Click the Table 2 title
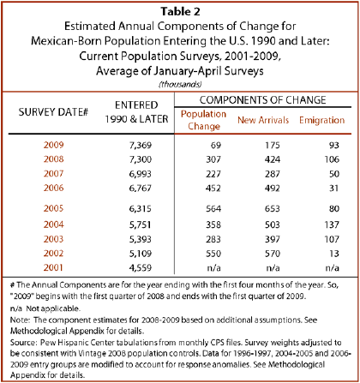pyautogui.click(x=180, y=11)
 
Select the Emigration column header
pyautogui.click(x=322, y=120)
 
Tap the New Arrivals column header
pyautogui.click(x=263, y=120)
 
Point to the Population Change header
pyautogui.click(x=203, y=120)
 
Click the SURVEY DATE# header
pyautogui.click(x=53, y=112)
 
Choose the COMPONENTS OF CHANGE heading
pyautogui.click(x=262, y=100)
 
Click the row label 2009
pyautogui.click(x=53, y=145)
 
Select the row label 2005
pyautogui.click(x=53, y=208)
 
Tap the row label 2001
pyautogui.click(x=53, y=267)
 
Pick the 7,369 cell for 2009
pyautogui.click(x=141, y=146)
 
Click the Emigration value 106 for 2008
pyautogui.click(x=332, y=159)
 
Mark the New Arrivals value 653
pyautogui.click(x=272, y=208)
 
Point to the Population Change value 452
pyautogui.click(x=213, y=189)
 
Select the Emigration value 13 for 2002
pyautogui.click(x=333, y=254)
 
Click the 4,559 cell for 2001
pyautogui.click(x=141, y=268)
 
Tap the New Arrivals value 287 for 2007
pyautogui.click(x=272, y=174)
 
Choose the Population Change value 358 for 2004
pyautogui.click(x=213, y=224)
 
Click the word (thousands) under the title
pyautogui.click(x=180, y=84)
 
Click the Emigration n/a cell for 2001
pyautogui.click(x=332, y=268)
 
